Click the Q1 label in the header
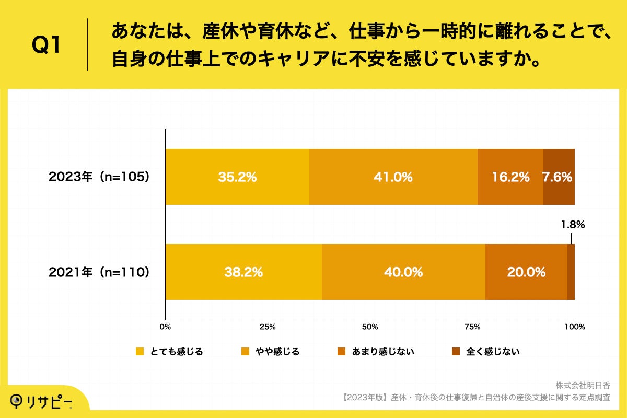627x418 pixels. tap(47, 45)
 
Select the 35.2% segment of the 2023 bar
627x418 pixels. tap(237, 177)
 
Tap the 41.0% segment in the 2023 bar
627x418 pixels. tap(393, 177)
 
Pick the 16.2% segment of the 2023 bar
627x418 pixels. tap(510, 177)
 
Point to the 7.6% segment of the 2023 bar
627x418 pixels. tap(559, 177)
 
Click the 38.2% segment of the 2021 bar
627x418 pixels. tap(243, 272)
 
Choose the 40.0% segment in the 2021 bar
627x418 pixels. tap(403, 272)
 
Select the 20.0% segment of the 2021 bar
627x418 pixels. tap(526, 272)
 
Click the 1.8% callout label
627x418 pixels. tap(573, 225)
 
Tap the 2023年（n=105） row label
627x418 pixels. tap(99, 177)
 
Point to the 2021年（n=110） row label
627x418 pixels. tap(99, 272)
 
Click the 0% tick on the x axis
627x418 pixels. tap(165, 327)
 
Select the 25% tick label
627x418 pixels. tap(268, 327)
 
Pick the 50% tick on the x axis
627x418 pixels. tap(370, 327)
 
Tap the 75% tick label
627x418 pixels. tap(472, 327)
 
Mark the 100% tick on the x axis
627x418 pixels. tap(575, 327)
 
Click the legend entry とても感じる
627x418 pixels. tap(169, 352)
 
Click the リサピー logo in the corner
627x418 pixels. tap(42, 402)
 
